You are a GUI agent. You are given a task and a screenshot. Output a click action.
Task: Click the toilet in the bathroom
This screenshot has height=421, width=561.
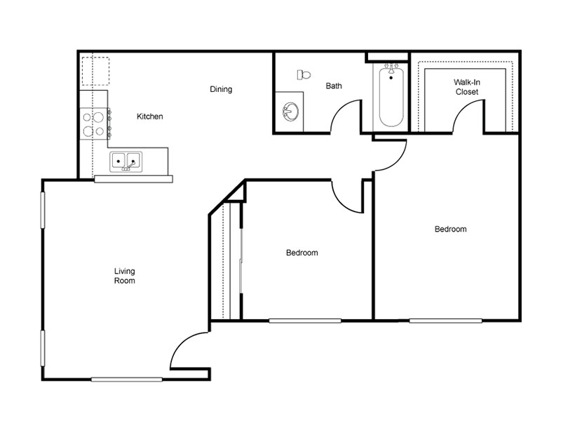[x=304, y=75]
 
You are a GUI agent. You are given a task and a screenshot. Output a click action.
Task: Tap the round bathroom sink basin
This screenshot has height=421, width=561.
[x=290, y=112]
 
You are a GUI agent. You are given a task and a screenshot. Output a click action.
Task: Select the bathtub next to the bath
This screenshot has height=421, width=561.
[x=391, y=95]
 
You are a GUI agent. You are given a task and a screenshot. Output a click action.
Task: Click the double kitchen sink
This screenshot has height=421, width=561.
[x=126, y=161]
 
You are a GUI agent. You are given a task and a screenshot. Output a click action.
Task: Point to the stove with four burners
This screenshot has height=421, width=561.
[x=94, y=124]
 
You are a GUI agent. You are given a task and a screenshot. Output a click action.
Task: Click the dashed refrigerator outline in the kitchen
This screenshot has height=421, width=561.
[x=95, y=71]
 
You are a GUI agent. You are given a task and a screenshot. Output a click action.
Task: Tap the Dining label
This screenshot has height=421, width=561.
[x=221, y=89]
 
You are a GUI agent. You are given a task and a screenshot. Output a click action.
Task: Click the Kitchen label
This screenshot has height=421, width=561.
[x=150, y=116]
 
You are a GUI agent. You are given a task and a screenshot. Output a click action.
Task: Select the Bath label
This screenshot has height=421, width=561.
[x=334, y=86]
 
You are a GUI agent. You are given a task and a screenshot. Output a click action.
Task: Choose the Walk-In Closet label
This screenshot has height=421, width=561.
[x=467, y=87]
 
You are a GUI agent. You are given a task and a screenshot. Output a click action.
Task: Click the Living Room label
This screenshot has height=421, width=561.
[x=125, y=276]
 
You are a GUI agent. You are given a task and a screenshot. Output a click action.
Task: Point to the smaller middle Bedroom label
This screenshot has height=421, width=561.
[x=302, y=253]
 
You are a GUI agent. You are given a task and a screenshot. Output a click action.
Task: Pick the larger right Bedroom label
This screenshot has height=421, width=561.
[x=450, y=229]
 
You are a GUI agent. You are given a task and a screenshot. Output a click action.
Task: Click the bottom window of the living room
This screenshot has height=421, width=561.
[x=127, y=380]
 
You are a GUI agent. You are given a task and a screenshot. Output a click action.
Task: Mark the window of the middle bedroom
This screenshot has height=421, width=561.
[x=305, y=321]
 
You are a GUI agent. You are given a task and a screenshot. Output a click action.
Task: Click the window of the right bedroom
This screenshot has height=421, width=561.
[x=445, y=321]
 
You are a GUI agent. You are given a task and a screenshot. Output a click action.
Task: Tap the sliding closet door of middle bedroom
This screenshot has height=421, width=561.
[x=241, y=260]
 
